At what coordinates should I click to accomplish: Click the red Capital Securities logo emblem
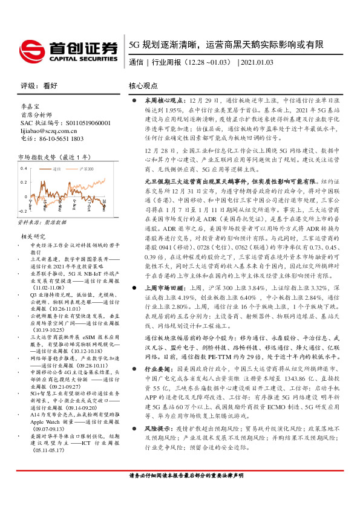[x=31, y=48]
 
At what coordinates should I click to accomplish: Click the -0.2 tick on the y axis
[x=23, y=212]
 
